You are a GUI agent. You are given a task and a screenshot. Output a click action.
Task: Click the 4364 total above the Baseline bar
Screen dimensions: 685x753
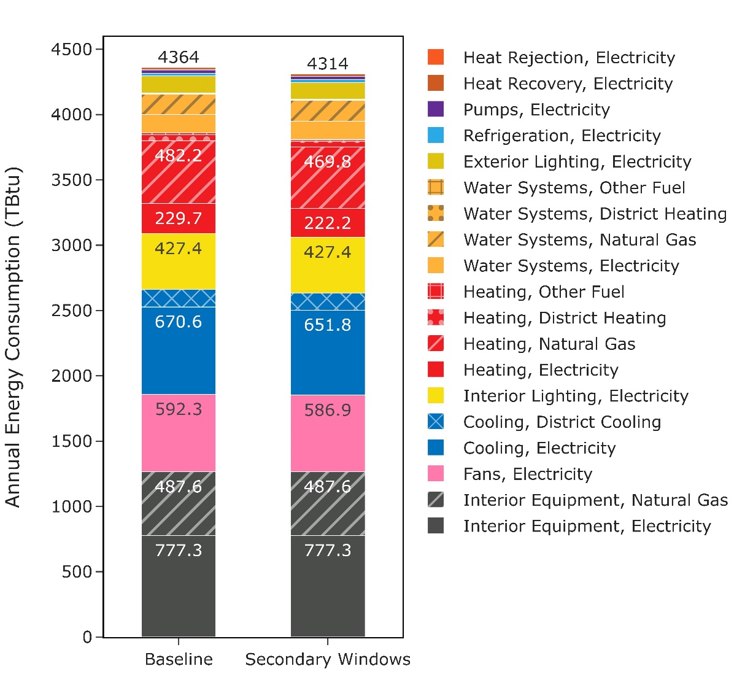tap(178, 57)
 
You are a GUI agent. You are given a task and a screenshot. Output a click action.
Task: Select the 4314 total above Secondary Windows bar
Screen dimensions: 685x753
tap(327, 64)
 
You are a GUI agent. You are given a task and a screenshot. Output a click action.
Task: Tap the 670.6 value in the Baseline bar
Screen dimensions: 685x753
tap(178, 322)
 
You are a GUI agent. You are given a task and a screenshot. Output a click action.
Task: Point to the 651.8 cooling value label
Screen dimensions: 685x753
tap(327, 325)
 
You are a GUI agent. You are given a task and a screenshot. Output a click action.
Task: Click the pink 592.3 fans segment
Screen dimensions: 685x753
tap(178, 433)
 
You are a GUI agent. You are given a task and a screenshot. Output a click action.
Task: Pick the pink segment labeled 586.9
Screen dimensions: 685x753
tap(327, 433)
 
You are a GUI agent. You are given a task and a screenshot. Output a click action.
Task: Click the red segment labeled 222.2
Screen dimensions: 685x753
tap(327, 223)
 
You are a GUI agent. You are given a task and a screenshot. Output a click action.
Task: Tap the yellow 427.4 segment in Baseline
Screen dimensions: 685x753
tap(178, 261)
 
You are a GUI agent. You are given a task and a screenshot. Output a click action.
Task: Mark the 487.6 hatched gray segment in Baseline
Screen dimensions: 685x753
tap(178, 503)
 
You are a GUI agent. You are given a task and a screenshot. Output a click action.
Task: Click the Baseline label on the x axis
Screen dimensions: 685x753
tap(179, 659)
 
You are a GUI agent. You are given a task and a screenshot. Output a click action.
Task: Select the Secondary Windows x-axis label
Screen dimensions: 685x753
tap(328, 659)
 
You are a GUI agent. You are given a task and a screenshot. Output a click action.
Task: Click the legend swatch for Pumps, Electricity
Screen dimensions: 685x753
tap(436, 109)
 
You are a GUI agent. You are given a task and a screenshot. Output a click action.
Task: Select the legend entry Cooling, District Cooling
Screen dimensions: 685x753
tap(562, 422)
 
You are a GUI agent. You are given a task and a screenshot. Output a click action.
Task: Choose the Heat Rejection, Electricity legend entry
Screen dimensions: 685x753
tap(568, 58)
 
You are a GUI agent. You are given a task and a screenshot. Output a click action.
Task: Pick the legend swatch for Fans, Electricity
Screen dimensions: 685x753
tap(436, 474)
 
